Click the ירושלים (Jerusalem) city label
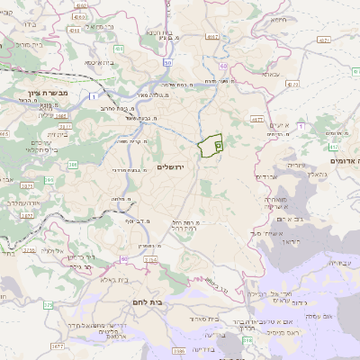[x=169, y=167]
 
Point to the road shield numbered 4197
[x=211, y=37]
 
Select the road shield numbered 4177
[x=256, y=118]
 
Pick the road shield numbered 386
[x=72, y=165]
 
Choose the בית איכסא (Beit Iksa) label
[x=99, y=63]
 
